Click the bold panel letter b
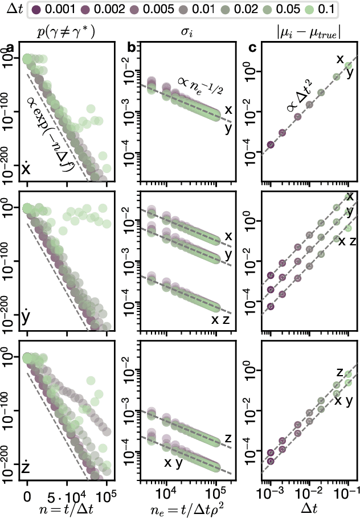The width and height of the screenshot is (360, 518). coord(131,49)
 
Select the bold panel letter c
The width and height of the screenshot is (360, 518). coord(252,49)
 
